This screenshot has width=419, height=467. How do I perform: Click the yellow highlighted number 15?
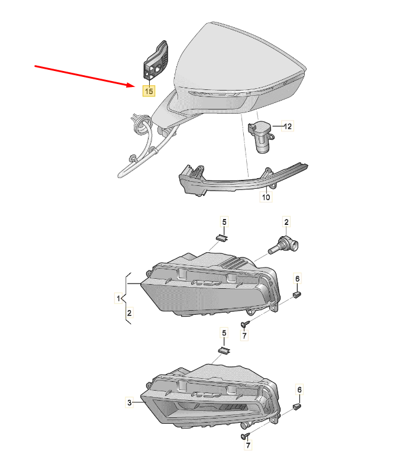149,91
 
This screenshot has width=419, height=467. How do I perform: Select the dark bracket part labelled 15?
156,60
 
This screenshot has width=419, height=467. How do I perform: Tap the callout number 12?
288,126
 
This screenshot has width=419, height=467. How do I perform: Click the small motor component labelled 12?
261,136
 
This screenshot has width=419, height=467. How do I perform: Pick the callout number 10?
266,197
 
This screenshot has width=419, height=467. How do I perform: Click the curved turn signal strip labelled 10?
243,179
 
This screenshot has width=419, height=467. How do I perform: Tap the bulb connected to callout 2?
284,246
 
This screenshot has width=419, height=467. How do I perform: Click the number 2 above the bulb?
286,222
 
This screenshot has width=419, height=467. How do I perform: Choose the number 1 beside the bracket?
118,298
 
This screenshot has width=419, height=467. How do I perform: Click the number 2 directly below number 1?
129,313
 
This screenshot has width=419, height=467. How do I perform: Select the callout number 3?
129,403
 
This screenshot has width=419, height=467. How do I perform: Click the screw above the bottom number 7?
245,436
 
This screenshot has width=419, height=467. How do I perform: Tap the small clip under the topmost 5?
221,237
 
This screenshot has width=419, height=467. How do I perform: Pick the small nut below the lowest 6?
297,406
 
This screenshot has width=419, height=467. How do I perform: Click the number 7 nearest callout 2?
244,336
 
